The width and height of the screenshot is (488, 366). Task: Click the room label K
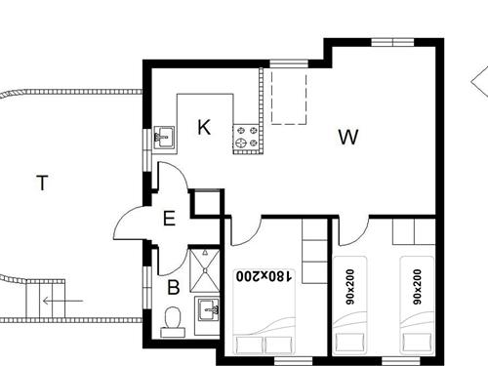tap(204, 128)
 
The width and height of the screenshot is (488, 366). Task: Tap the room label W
tap(347, 137)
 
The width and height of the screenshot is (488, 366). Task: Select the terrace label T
tap(41, 183)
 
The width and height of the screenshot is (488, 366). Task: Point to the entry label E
tap(169, 218)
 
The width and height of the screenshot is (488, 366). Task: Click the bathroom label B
tap(173, 287)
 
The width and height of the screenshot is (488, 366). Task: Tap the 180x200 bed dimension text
tap(264, 276)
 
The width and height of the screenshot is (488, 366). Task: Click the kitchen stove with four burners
tap(246, 138)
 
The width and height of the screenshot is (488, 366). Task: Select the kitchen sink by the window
tap(164, 136)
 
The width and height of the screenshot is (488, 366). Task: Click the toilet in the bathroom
tap(172, 319)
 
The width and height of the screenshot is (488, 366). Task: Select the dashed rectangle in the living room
tap(289, 97)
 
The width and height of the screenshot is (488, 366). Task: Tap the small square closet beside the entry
tap(206, 202)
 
